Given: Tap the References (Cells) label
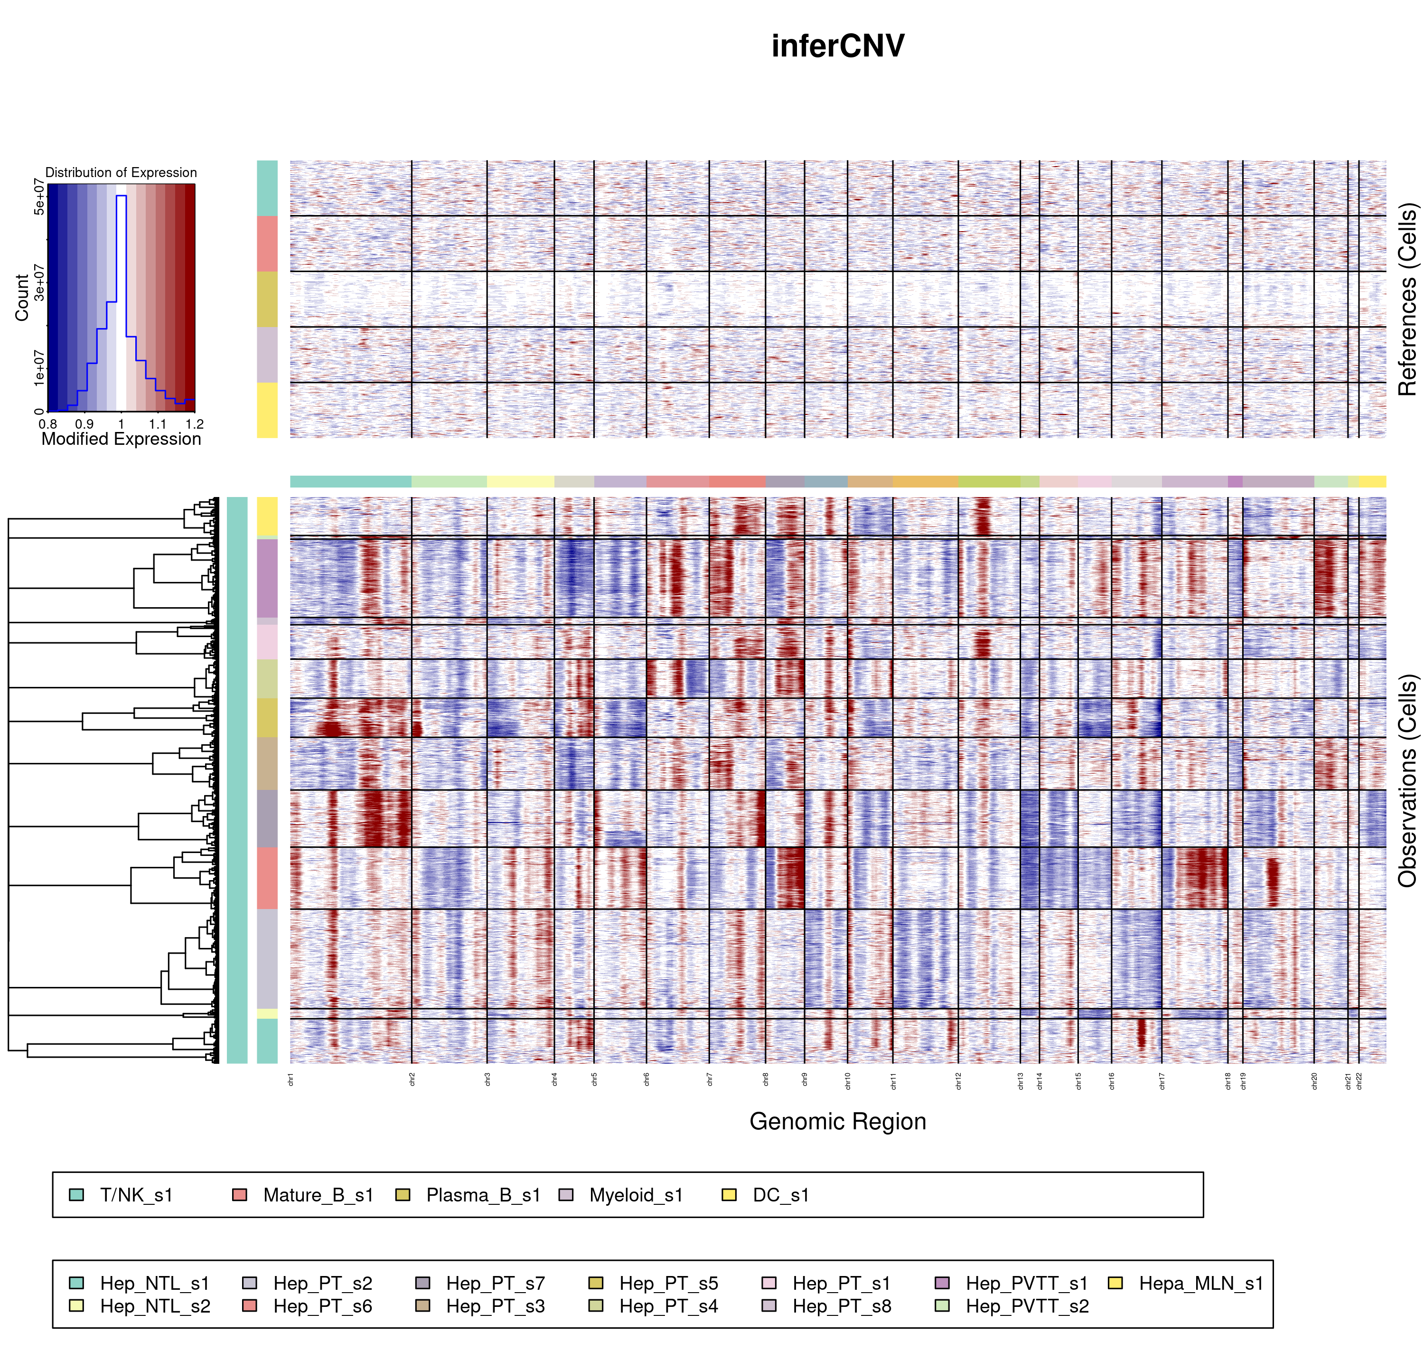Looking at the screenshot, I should click(1407, 299).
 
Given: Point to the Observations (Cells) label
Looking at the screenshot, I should click(1407, 781).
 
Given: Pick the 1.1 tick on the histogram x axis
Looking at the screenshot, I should click(158, 424).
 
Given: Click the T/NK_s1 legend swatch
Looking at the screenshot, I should click(76, 1195).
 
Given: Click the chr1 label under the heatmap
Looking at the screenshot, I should click(290, 1079).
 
